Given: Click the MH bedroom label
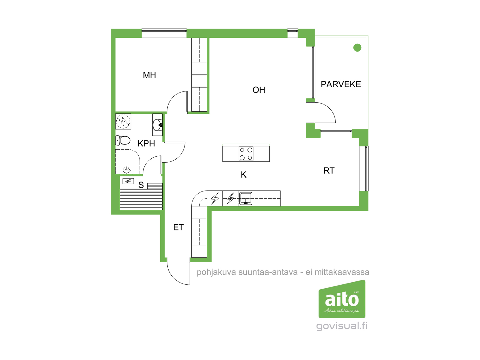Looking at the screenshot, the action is click(149, 75).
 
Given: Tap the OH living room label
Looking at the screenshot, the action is click(259, 90).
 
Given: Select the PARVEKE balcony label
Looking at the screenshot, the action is click(341, 84).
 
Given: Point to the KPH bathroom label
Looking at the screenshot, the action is click(146, 143).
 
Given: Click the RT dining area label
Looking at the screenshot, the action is click(329, 171).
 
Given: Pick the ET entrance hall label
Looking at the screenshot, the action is click(178, 227).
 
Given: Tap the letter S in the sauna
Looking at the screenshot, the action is click(141, 185).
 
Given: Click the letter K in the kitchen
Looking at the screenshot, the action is click(244, 175).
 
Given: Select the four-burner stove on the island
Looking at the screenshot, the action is click(246, 154).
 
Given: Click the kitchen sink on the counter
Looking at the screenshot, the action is click(246, 199).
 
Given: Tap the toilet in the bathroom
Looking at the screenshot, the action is click(123, 140).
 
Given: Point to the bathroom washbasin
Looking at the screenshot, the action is click(157, 125).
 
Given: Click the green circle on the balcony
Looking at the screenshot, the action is click(357, 48).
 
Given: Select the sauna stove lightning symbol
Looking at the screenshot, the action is click(128, 181).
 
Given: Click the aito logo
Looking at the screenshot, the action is click(342, 299).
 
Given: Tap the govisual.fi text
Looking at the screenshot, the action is click(342, 326).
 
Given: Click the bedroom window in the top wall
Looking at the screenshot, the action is click(164, 33).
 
